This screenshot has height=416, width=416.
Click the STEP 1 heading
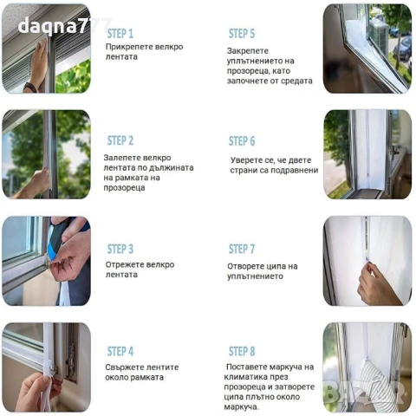pos(120,33)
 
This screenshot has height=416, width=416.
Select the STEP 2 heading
pos(120,140)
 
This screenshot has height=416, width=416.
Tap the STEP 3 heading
pos(120,249)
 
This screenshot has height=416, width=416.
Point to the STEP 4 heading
pos(120,351)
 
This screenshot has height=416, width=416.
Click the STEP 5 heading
pos(242,34)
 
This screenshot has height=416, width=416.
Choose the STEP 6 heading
pos(242,141)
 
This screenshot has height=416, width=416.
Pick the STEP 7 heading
pos(242,250)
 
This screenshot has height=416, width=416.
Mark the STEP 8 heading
pos(242,351)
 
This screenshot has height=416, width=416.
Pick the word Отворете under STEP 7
pos(251,265)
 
